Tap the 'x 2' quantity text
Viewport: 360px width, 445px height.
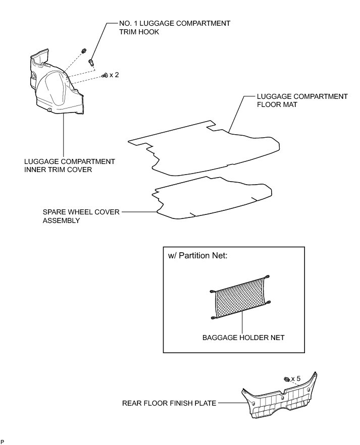point(114,75)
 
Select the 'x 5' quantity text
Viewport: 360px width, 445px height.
point(296,378)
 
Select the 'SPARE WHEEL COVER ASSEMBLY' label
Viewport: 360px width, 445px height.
point(81,216)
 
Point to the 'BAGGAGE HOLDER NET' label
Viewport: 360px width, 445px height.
point(243,338)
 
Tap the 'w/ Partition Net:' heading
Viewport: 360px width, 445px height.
point(196,256)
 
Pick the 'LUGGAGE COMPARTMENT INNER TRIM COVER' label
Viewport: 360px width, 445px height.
point(69,165)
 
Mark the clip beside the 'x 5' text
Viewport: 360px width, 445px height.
point(286,379)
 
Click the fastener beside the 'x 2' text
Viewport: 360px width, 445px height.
point(105,75)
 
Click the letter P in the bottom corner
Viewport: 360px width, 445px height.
point(3,442)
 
